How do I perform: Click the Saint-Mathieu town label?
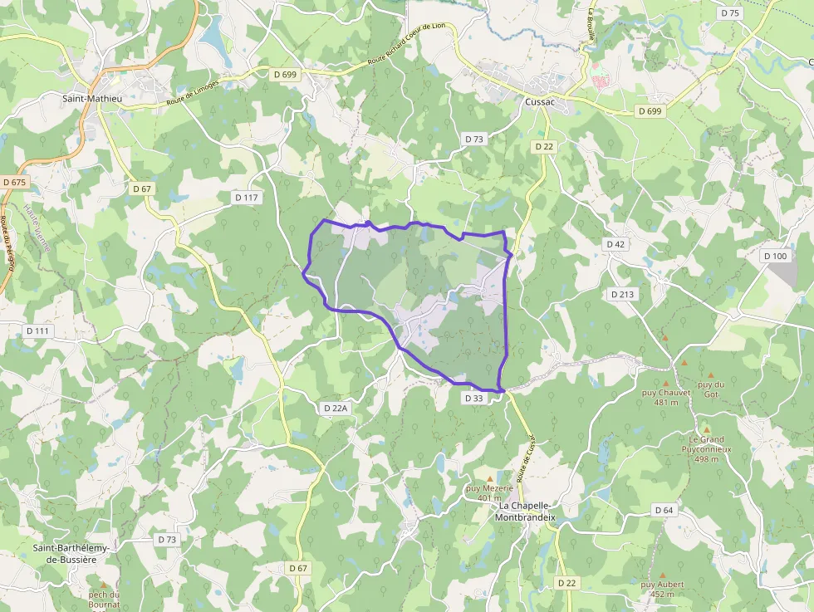pyautogui.click(x=92, y=98)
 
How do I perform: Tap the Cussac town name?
pyautogui.click(x=539, y=101)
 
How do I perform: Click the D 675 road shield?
pyautogui.click(x=15, y=182)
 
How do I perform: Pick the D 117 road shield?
pyautogui.click(x=247, y=198)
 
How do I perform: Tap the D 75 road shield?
pyautogui.click(x=730, y=12)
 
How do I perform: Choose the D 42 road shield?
pyautogui.click(x=615, y=244)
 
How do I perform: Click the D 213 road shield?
pyautogui.click(x=622, y=294)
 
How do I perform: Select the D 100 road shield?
pyautogui.click(x=775, y=256)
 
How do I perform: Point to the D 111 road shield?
pyautogui.click(x=37, y=330)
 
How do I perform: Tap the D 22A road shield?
pyautogui.click(x=334, y=408)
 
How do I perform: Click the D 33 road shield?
pyautogui.click(x=473, y=399)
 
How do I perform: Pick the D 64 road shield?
pyautogui.click(x=663, y=510)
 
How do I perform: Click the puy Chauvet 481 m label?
pyautogui.click(x=666, y=398)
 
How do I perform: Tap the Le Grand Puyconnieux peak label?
pyautogui.click(x=706, y=448)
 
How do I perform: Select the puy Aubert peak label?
pyautogui.click(x=662, y=589)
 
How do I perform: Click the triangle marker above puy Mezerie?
pyautogui.click(x=489, y=478)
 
